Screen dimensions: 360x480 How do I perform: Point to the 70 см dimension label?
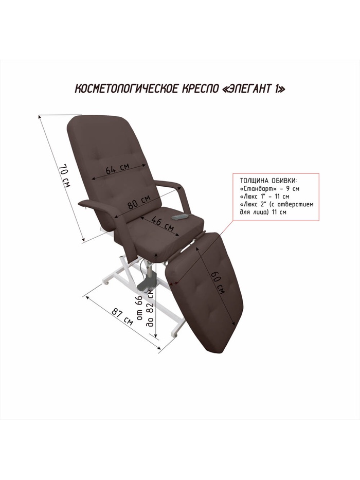(64, 176)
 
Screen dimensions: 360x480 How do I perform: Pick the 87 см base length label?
(122, 316)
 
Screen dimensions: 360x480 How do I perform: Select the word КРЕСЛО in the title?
(200, 89)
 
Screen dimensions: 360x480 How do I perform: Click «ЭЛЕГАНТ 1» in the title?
(253, 89)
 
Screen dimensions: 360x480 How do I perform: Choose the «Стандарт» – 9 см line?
(269, 188)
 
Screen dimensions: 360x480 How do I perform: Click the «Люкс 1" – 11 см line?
(264, 196)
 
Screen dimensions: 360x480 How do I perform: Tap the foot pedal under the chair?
(147, 284)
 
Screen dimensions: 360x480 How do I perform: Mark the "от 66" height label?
(139, 308)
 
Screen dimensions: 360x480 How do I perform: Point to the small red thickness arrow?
(174, 284)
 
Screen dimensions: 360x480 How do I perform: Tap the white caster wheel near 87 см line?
(107, 283)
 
